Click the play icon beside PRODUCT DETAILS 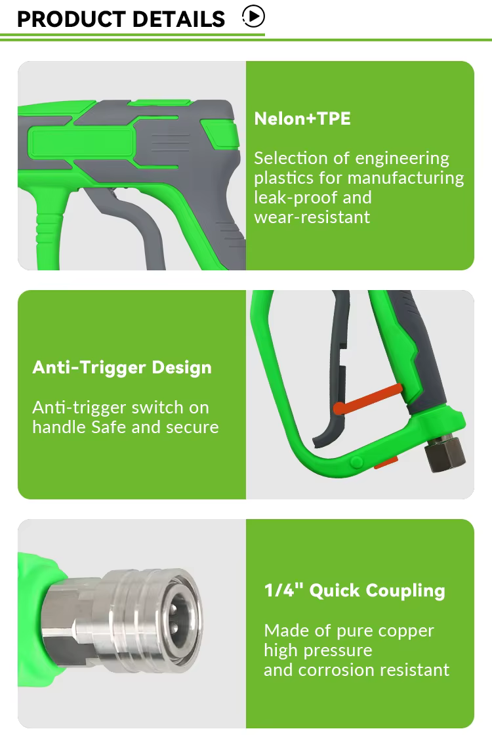click(254, 16)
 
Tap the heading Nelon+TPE click(302, 119)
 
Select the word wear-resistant click(312, 217)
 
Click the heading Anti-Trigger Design click(122, 367)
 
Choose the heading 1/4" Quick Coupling click(354, 591)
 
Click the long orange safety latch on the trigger click(367, 400)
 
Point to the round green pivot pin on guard click(356, 462)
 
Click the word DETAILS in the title click(178, 19)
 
